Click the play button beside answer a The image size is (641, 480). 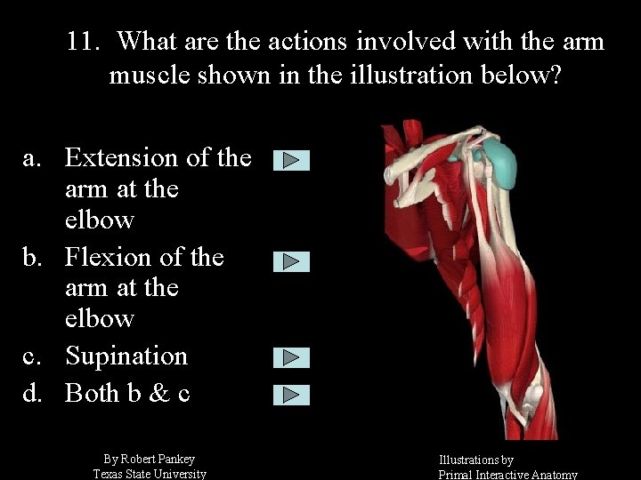pos(291,161)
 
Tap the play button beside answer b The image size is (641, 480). pos(291,261)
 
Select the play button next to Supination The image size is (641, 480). pos(291,357)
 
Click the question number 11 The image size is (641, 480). pos(86,42)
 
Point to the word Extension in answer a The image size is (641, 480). pos(121,158)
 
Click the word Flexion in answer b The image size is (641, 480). pos(107,258)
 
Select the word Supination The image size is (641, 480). pos(126,356)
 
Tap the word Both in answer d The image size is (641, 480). pos(95,393)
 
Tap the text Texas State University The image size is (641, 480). pos(150,474)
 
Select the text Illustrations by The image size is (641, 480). pos(475,460)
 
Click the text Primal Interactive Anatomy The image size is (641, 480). pos(507,475)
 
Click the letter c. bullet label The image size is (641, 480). pos(32,356)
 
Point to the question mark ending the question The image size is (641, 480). pos(556,75)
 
